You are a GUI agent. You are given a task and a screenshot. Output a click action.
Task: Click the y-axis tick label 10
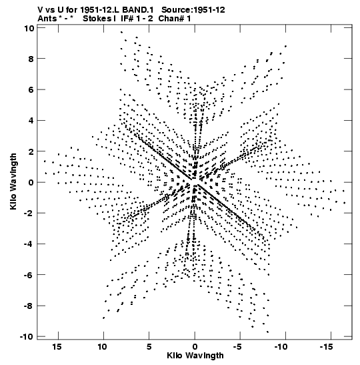29,28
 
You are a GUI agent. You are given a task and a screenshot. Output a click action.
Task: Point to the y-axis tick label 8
31,59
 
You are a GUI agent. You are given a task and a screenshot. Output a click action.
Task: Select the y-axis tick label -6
29,275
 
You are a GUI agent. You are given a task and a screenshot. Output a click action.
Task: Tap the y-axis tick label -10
27,337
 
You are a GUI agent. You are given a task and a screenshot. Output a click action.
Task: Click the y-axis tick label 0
31,182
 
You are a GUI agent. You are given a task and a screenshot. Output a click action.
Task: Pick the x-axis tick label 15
57,347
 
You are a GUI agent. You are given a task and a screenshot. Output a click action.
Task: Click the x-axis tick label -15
329,347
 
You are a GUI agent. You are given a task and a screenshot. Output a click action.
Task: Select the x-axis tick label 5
149,347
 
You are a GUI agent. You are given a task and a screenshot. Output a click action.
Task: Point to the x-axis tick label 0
195,347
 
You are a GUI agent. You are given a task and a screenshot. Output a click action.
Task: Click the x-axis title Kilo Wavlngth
195,356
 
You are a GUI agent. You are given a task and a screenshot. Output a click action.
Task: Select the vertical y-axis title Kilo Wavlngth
13,181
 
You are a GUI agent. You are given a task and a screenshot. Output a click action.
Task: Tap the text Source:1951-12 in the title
193,10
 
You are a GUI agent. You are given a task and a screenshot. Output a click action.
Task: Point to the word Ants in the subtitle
47,19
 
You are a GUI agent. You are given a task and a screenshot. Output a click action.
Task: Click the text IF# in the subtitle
127,19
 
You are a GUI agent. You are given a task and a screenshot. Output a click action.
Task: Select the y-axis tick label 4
31,121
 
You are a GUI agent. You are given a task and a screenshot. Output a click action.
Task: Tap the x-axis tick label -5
238,347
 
